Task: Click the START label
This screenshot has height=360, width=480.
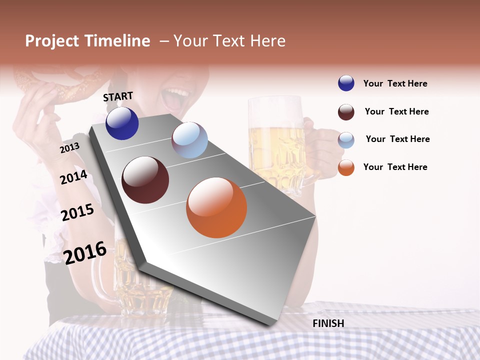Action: (x=118, y=96)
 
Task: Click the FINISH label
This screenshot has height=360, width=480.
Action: (x=328, y=323)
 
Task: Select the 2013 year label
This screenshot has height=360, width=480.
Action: (x=69, y=148)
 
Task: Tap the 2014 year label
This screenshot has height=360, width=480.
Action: (x=73, y=177)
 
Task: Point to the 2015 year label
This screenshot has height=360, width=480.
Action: (x=77, y=212)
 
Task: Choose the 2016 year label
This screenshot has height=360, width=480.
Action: (x=85, y=252)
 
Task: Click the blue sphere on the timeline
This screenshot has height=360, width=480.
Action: (x=122, y=123)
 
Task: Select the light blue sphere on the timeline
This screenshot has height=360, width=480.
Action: (x=189, y=140)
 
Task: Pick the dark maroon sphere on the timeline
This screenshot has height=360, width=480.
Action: (x=145, y=180)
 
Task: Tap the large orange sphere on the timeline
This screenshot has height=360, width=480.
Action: (x=216, y=207)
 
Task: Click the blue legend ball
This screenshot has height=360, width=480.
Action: (x=346, y=83)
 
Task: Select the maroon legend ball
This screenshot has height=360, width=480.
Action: (x=346, y=112)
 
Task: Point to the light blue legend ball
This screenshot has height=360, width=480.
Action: (x=346, y=140)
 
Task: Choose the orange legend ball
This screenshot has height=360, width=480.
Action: (x=346, y=167)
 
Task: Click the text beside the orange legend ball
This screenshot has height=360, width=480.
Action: (x=395, y=167)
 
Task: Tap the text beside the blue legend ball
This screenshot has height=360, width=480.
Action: (x=395, y=83)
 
